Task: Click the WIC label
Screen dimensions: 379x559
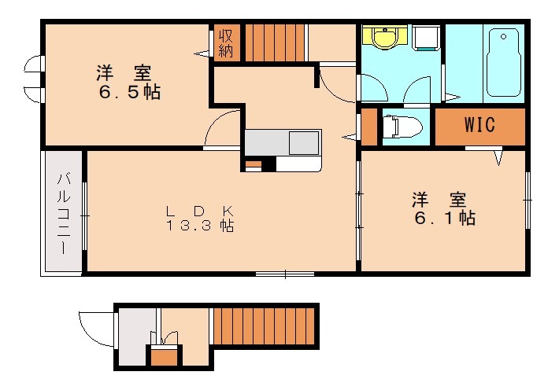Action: [x=479, y=125]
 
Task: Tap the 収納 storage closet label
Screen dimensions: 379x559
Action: [x=226, y=42]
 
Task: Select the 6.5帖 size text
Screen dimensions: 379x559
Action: [x=129, y=92]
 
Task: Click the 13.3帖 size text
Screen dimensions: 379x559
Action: [x=200, y=226]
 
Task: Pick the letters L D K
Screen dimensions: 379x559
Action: [x=200, y=211]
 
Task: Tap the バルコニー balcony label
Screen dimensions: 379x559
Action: [x=63, y=213]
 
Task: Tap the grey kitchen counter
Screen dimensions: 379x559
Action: [x=281, y=142]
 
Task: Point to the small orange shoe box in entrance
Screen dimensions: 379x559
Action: [x=164, y=357]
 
